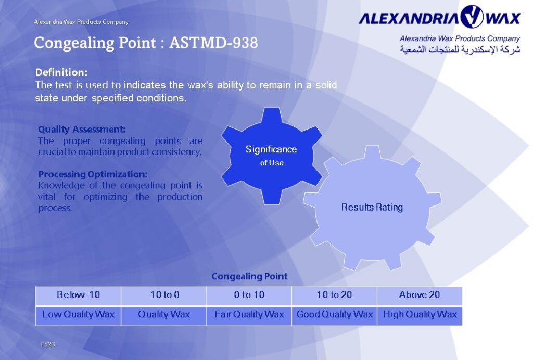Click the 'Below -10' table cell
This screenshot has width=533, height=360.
[x=78, y=295]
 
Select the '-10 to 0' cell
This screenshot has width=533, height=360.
[x=163, y=295]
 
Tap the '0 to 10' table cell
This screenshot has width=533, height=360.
[x=249, y=295]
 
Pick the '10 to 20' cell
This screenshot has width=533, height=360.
[x=334, y=295]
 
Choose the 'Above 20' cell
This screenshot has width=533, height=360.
[x=419, y=295]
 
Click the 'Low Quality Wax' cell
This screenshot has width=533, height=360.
[x=78, y=314]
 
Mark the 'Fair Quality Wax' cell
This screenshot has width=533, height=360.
[x=249, y=314]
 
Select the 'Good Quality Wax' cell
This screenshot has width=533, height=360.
[x=334, y=314]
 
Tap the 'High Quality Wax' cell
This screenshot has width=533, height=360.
[x=419, y=314]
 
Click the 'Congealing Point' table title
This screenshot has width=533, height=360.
[x=249, y=276]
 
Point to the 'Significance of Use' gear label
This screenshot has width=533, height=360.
[x=271, y=155]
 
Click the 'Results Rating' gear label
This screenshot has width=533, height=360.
[x=372, y=207]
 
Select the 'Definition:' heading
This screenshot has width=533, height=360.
[x=61, y=72]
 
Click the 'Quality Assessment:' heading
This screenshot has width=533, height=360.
[x=82, y=129]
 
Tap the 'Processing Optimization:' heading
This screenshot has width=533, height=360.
[x=93, y=174]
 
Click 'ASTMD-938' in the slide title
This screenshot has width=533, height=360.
[x=213, y=43]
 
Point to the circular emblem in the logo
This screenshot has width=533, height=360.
[x=472, y=17]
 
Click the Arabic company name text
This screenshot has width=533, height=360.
[x=460, y=49]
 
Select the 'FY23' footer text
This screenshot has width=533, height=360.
[x=48, y=344]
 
